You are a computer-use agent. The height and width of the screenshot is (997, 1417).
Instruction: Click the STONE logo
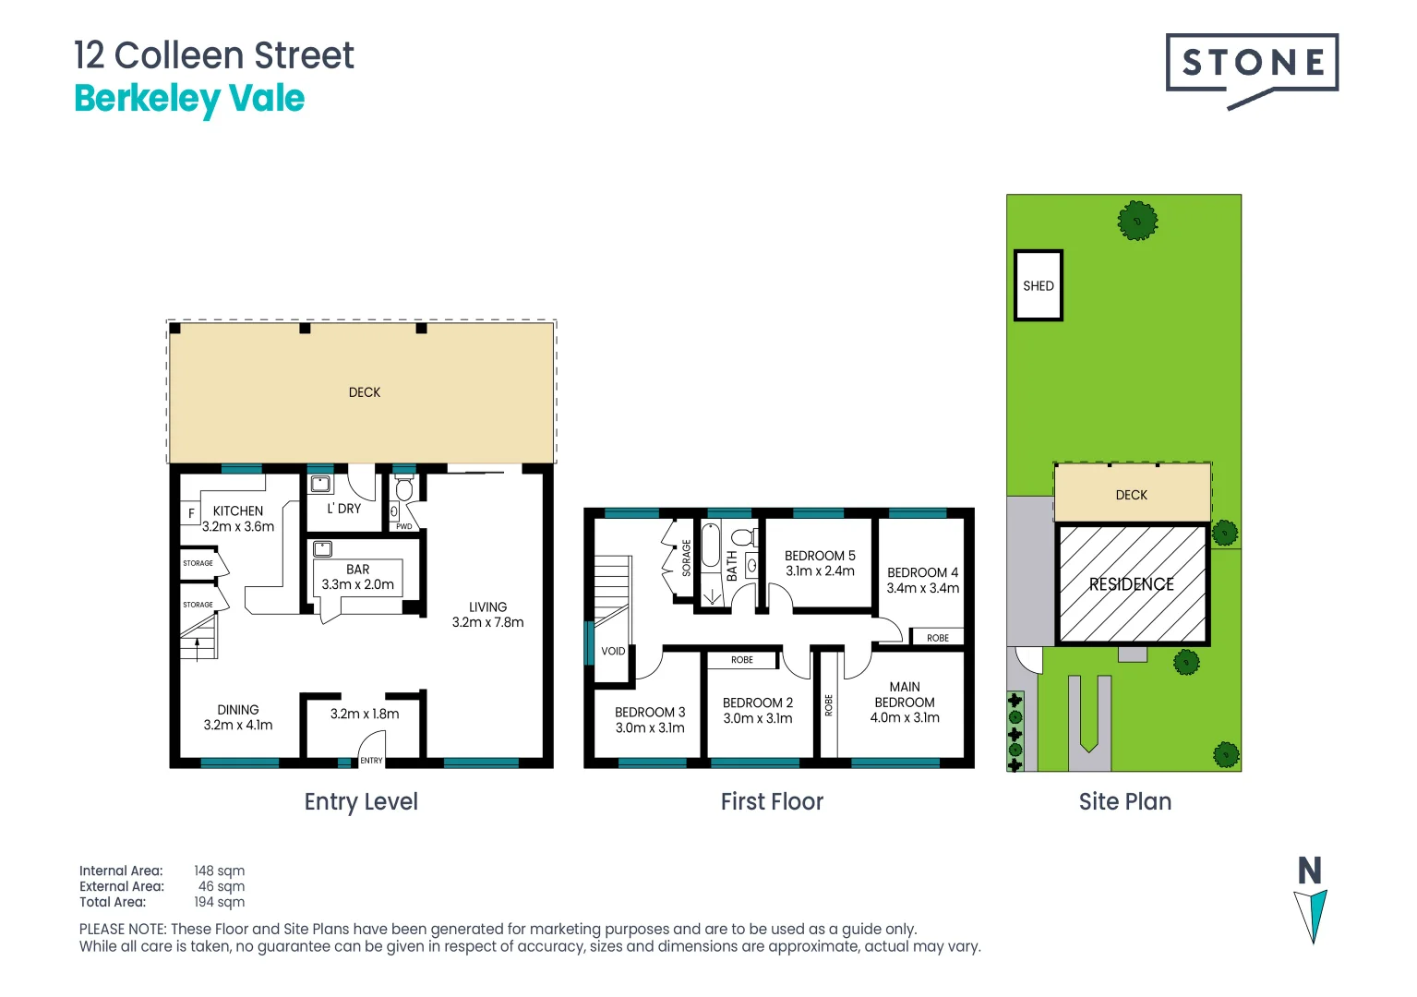click(1252, 65)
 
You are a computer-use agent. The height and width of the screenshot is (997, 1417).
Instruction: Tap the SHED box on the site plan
click(1039, 285)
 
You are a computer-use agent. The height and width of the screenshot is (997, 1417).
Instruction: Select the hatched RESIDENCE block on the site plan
click(1132, 583)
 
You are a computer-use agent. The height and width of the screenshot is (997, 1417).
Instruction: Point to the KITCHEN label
click(238, 511)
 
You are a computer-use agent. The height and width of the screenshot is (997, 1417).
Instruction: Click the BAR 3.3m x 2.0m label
click(358, 577)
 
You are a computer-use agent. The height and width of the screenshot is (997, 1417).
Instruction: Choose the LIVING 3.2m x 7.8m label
click(487, 615)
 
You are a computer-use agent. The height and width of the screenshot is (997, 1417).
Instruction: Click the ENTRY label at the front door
click(371, 761)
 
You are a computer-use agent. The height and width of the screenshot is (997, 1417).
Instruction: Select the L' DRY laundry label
click(344, 509)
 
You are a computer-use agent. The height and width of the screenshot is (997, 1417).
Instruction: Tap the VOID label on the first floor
click(613, 651)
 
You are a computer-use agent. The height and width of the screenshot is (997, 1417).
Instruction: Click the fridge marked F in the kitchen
click(191, 513)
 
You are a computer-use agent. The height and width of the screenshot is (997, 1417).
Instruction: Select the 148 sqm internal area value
click(220, 871)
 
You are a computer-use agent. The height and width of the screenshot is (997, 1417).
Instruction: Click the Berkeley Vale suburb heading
click(189, 99)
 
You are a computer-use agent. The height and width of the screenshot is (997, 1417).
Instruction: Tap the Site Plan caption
click(1125, 801)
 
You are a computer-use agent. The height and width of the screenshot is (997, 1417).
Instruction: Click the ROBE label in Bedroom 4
click(938, 638)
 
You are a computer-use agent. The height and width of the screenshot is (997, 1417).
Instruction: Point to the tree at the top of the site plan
click(1137, 222)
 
